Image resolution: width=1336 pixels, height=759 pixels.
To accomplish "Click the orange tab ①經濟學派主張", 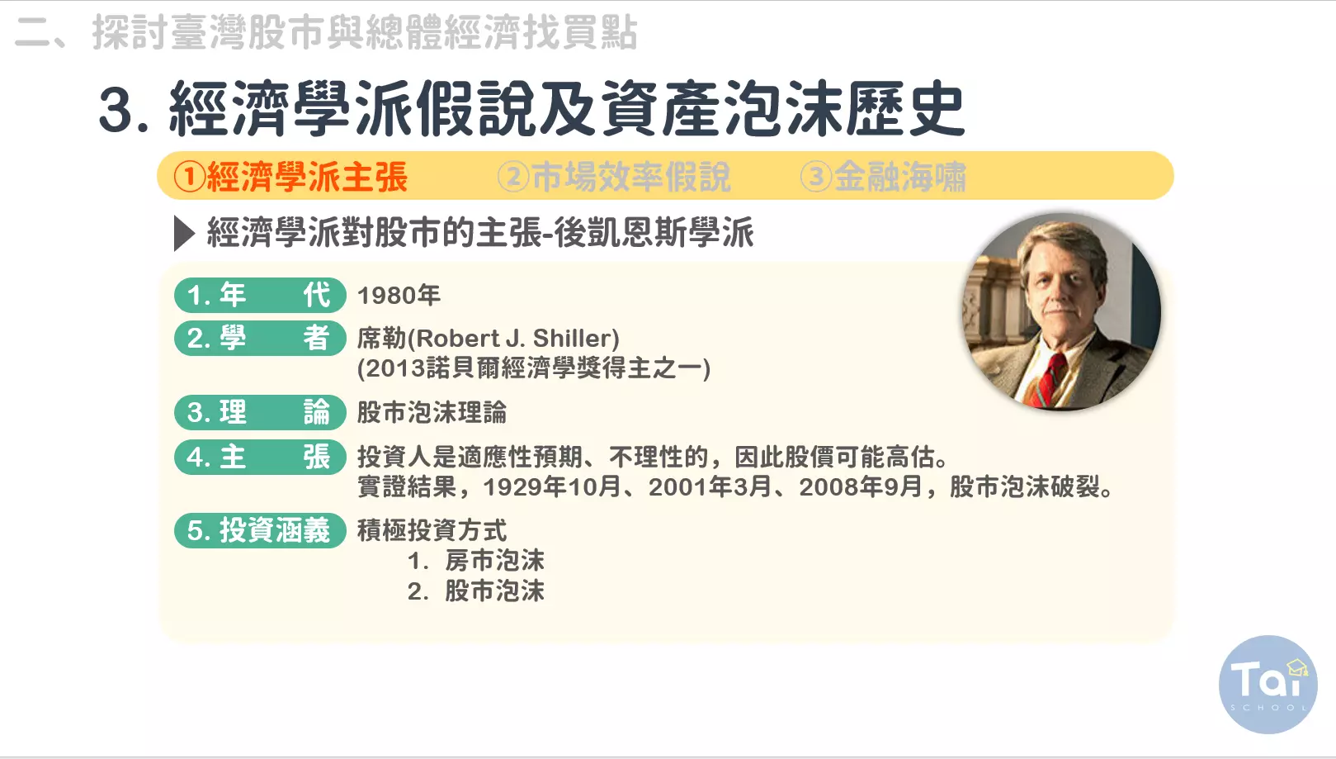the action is coord(290,177).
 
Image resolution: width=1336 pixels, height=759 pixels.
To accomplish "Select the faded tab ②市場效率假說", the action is coord(614,177).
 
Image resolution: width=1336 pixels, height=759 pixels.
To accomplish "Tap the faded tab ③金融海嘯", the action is coord(883,177).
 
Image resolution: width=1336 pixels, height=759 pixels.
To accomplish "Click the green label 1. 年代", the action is coord(260,295).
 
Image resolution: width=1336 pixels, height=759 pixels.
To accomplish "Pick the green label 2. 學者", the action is coord(260,339).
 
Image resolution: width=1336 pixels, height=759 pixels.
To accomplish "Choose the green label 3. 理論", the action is coord(260,412).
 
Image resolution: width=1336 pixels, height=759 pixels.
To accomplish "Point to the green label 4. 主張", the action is coord(260,457).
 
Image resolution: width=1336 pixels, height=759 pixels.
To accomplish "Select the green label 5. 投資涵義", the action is coord(260,530).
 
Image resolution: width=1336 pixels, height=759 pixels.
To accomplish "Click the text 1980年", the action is coord(399,296).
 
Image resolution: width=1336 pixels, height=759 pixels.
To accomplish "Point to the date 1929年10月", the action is coord(552,487).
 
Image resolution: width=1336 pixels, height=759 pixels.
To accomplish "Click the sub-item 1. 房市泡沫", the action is coord(476,561).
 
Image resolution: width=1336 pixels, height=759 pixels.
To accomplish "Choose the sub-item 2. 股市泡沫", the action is coord(476,591).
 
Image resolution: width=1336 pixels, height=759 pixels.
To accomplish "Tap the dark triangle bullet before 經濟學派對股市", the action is coord(184,233).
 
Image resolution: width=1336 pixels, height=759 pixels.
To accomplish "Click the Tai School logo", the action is coord(1268,685).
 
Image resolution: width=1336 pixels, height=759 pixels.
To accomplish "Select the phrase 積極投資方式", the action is coord(432,530).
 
